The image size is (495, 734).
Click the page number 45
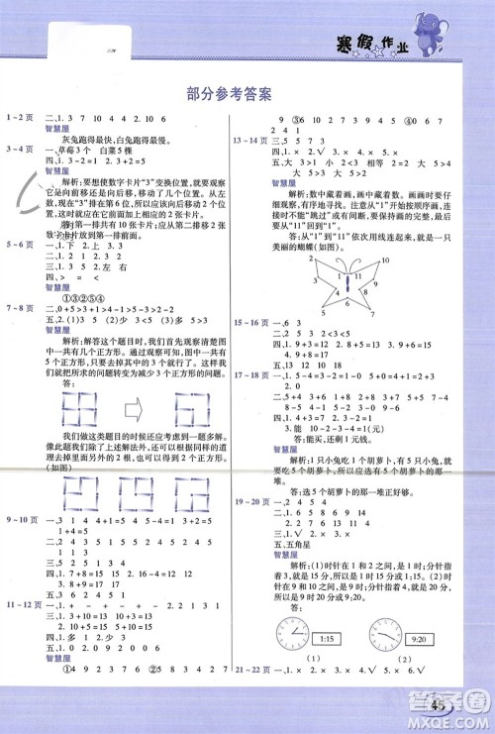tap(443, 705)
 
